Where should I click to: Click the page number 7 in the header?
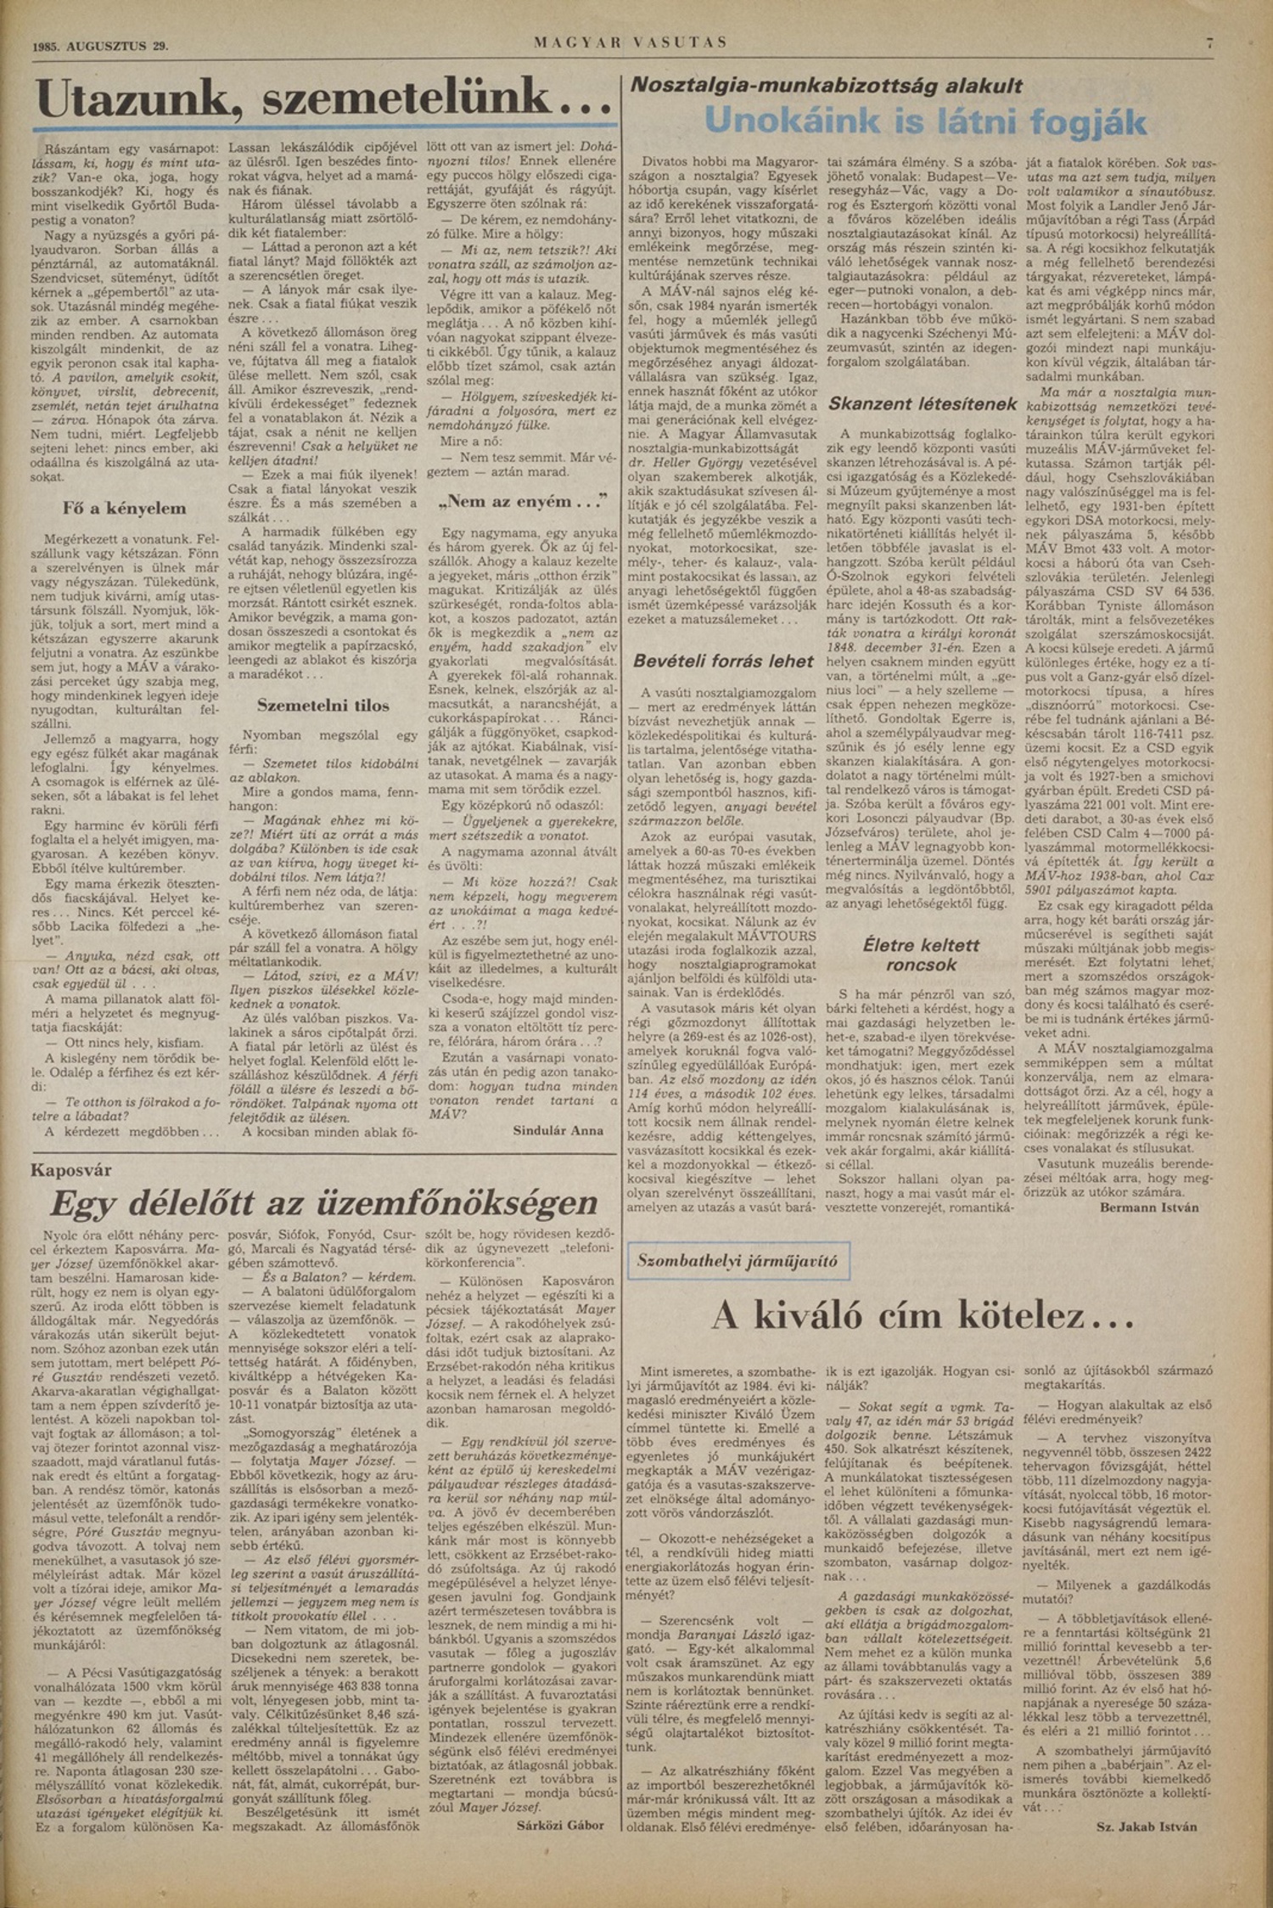click(x=1209, y=42)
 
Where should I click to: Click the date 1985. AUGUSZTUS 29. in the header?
click(x=100, y=47)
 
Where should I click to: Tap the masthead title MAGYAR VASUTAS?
click(x=631, y=42)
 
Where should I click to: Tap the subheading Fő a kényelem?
click(x=124, y=509)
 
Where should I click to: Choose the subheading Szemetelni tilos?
click(x=323, y=706)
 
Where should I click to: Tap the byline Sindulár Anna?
click(x=558, y=1130)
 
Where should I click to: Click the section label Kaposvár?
click(x=71, y=1171)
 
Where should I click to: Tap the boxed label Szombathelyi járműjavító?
click(x=737, y=1261)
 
